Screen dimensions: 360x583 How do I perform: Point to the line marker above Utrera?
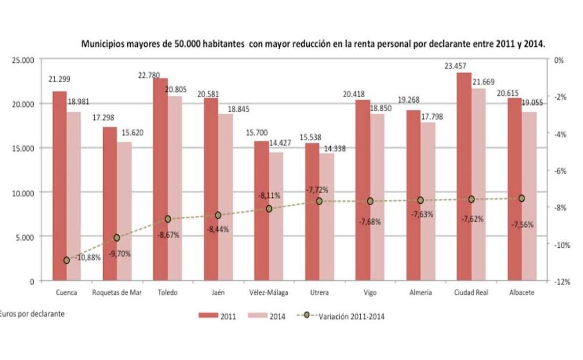(319, 201)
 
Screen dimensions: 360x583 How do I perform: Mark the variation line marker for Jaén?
(218, 215)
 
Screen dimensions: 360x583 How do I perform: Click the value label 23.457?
(456, 66)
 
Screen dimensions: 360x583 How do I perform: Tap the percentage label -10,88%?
(87, 257)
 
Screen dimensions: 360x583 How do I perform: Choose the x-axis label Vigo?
(370, 293)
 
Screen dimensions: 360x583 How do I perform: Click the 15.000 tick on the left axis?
(23, 148)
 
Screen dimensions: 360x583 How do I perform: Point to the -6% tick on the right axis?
(559, 171)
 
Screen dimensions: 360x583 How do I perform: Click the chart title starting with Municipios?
(313, 44)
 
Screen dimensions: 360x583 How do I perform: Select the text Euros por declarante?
(32, 314)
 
